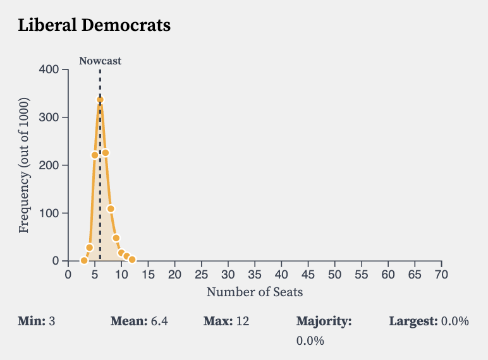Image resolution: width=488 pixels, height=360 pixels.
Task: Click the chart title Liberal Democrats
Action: point(94,26)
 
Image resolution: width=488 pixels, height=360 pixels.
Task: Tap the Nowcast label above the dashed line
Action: point(100,61)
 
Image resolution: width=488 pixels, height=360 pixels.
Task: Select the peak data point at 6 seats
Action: point(100,99)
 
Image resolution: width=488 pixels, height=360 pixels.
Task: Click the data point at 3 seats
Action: point(84,260)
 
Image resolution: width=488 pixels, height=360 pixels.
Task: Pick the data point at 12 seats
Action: point(132,260)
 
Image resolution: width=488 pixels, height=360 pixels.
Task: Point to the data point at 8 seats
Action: point(111,208)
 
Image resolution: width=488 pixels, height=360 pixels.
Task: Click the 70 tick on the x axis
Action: point(441,274)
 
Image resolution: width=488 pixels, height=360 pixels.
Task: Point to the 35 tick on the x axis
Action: point(255,274)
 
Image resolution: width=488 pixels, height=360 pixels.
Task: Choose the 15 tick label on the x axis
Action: point(148,274)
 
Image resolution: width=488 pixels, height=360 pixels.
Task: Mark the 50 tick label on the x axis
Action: point(334,274)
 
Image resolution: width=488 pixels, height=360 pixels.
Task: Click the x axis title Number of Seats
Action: point(255,292)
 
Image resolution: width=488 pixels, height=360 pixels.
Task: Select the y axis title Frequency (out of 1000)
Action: point(24,165)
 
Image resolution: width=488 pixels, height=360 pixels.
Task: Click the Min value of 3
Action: point(52,321)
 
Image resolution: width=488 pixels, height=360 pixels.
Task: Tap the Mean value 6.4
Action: point(159,321)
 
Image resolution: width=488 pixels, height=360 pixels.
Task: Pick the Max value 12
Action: point(243,321)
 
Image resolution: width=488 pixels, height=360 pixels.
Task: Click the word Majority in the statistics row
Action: point(324,321)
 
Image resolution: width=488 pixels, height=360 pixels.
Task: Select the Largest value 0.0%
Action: point(455,321)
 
